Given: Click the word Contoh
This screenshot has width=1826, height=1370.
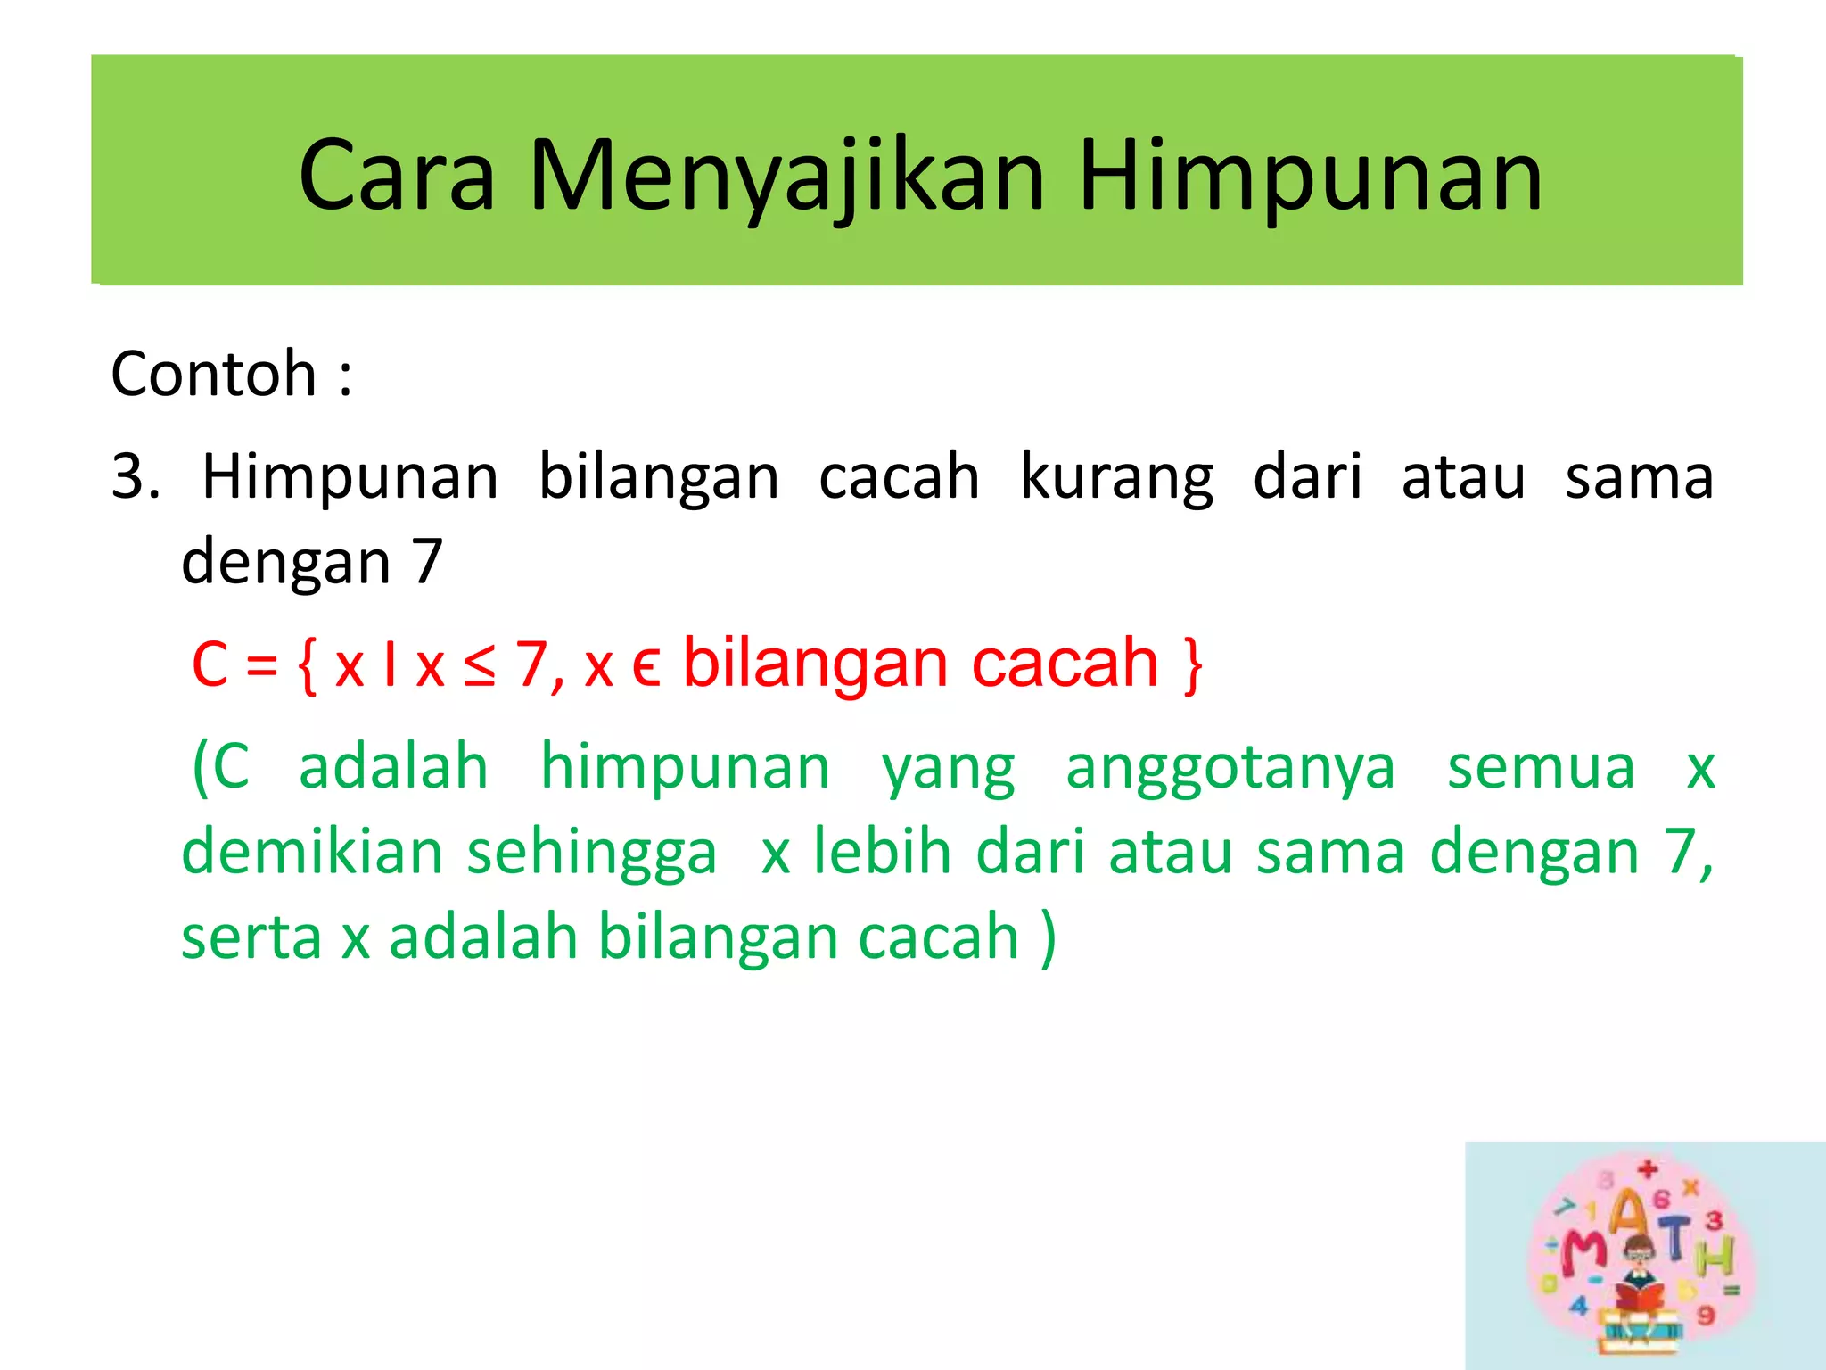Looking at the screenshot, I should click(214, 374).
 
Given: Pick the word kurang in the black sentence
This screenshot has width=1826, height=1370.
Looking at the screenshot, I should click(1116, 478).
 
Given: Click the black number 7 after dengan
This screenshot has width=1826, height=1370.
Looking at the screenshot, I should click(427, 562).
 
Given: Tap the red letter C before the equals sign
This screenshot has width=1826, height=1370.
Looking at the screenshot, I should click(210, 665).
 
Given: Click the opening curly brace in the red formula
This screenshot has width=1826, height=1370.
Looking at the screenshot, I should click(307, 665).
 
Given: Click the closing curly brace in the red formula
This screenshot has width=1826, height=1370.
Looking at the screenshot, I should click(1193, 665).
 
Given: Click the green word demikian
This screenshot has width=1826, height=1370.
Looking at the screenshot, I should click(312, 852).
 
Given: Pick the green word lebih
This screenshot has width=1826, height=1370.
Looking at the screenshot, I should click(882, 852).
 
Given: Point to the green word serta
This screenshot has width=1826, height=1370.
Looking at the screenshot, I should click(251, 937).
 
